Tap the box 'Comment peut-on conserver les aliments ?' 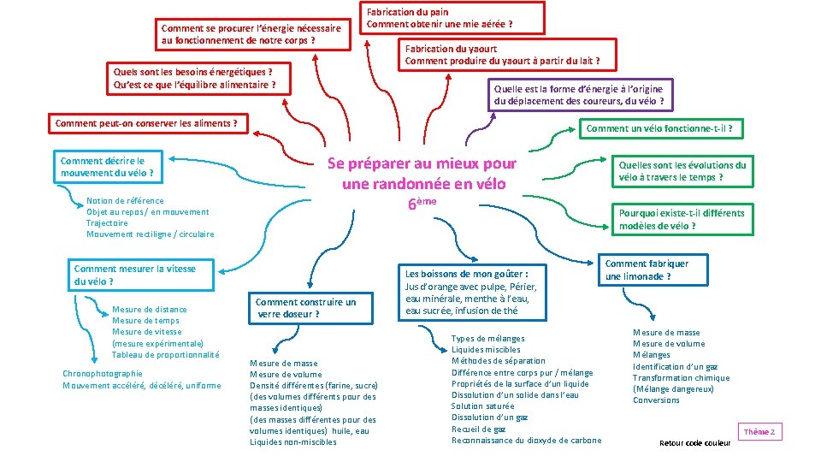click(x=146, y=124)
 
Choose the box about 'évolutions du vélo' click(x=682, y=171)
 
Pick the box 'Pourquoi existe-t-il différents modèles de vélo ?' click(x=682, y=219)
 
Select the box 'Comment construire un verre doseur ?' click(x=305, y=308)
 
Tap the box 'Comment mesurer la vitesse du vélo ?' click(x=136, y=275)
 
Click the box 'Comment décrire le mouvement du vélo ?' click(x=109, y=167)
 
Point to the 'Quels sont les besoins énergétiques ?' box click(x=194, y=78)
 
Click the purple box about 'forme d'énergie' click(x=578, y=95)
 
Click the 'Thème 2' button click(x=760, y=432)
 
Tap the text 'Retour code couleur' click(x=695, y=443)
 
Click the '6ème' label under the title click(x=422, y=204)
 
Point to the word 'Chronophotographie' click(x=103, y=374)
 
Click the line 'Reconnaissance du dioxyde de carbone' click(x=526, y=441)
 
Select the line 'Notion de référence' click(x=125, y=201)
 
